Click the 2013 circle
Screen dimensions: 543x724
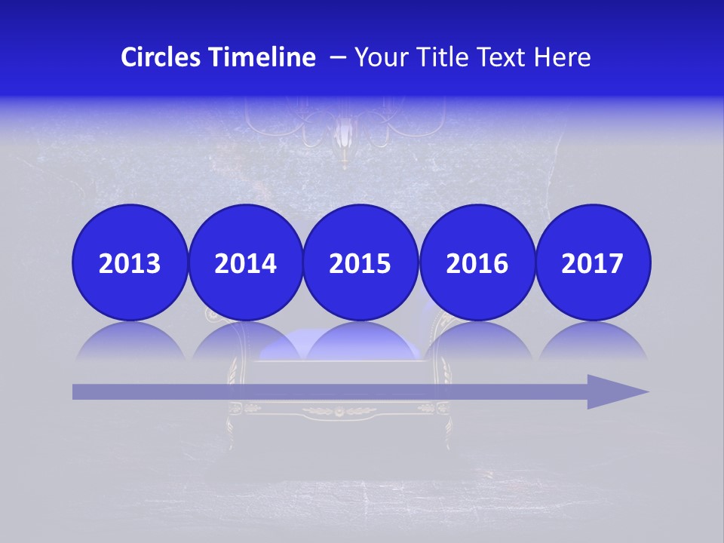[130, 262]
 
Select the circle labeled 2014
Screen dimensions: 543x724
[245, 262]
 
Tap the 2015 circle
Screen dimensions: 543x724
[360, 262]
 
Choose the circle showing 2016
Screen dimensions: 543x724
[477, 262]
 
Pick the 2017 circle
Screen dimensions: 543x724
[592, 262]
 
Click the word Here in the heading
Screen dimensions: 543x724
[563, 57]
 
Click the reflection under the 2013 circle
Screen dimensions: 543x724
[130, 343]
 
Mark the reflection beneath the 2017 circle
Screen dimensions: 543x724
[592, 343]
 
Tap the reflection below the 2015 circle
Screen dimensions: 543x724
[360, 343]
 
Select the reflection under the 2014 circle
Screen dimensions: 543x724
[245, 343]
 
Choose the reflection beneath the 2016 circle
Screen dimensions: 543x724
[477, 343]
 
